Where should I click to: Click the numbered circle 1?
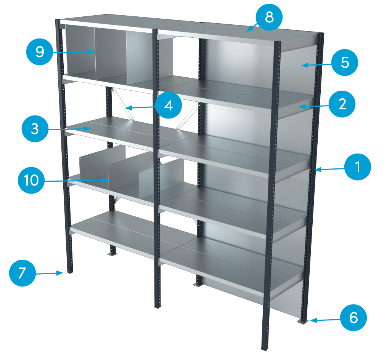pyautogui.click(x=358, y=167)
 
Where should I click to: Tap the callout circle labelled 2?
pyautogui.click(x=342, y=103)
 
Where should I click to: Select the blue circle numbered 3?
pyautogui.click(x=35, y=128)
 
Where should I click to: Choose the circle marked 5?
pyautogui.click(x=345, y=62)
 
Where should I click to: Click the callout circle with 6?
pyautogui.click(x=353, y=317)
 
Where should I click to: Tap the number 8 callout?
pyautogui.click(x=269, y=18)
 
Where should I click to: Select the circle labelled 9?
pyautogui.click(x=39, y=51)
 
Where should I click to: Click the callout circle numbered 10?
pyautogui.click(x=31, y=180)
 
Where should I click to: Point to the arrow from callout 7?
pyautogui.click(x=49, y=273)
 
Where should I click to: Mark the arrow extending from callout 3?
pyautogui.click(x=69, y=130)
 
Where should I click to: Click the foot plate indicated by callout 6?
pyautogui.click(x=302, y=322)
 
